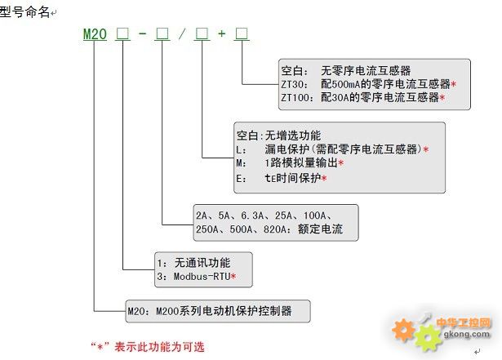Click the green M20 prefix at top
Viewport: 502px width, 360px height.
tap(95, 34)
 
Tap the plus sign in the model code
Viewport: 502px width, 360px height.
tap(221, 33)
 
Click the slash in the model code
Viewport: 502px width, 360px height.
tap(182, 33)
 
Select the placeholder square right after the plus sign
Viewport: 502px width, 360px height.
tap(242, 33)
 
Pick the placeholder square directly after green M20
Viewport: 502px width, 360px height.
tap(122, 33)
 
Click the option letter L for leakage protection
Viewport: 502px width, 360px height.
tap(239, 149)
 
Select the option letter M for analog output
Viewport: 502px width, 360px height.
tap(239, 163)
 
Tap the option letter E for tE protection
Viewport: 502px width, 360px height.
tap(239, 179)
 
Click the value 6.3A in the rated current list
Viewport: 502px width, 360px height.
tap(252, 216)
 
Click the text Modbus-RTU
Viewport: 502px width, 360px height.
tap(202, 277)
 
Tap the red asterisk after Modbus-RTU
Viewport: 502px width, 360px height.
tap(233, 276)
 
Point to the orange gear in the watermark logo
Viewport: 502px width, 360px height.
tap(403, 330)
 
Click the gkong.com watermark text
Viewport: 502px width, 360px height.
tap(467, 334)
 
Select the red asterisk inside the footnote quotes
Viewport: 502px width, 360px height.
tap(100, 347)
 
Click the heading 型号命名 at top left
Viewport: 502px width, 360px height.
tap(24, 12)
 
